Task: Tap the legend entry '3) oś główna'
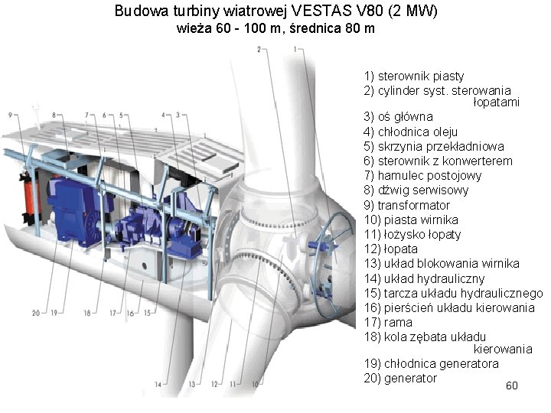click(399, 117)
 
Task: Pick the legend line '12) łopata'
click(391, 249)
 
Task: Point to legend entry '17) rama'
click(389, 322)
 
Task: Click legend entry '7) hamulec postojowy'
click(423, 175)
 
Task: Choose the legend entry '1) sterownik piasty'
click(414, 75)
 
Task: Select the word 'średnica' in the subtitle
click(307, 29)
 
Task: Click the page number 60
click(512, 385)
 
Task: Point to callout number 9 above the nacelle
click(11, 115)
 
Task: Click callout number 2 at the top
click(259, 49)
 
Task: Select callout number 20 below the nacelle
click(35, 312)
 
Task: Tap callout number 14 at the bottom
click(158, 383)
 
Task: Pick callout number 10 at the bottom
click(256, 383)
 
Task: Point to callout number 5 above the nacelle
click(121, 115)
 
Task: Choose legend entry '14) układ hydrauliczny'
click(425, 278)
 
